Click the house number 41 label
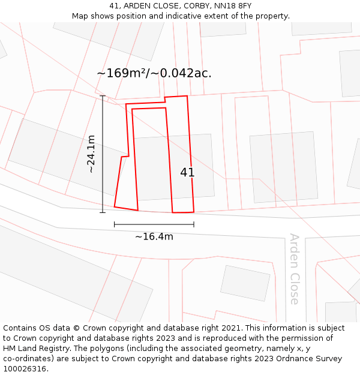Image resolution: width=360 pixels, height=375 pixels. [x=187, y=172]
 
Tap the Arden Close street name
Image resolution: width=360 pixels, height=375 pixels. [x=294, y=269]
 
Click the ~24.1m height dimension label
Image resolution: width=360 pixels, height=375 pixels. [x=91, y=154]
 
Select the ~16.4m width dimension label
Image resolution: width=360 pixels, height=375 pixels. [x=154, y=236]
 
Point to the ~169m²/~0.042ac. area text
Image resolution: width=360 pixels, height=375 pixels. [x=154, y=73]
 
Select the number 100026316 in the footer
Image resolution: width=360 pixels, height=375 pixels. [x=25, y=369]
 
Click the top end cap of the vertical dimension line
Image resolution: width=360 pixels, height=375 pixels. [x=103, y=96]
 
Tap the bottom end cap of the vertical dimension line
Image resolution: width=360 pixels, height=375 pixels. [x=103, y=212]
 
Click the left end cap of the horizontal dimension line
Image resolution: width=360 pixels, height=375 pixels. [x=115, y=224]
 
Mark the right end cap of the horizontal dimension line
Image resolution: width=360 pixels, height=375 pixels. [x=194, y=224]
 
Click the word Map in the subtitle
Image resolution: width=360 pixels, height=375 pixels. [x=81, y=16]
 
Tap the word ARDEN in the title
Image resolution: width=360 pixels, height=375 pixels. [x=137, y=6]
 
